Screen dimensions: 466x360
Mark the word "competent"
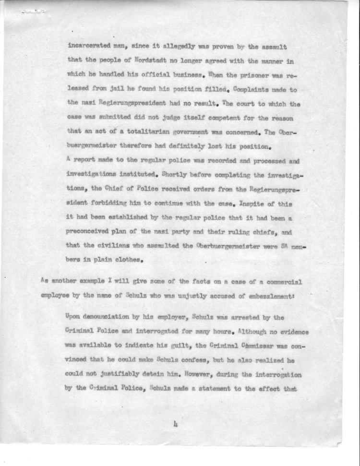pos(213,117)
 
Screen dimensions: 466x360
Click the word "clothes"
pos(126,262)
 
